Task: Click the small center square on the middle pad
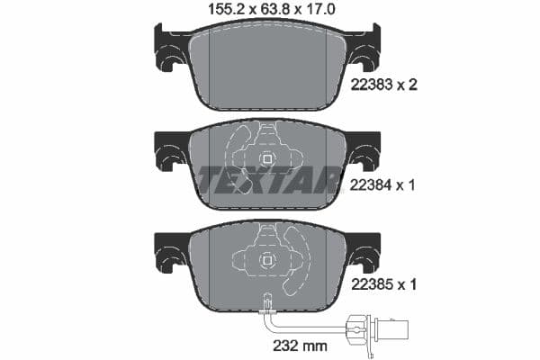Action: pyautogui.click(x=266, y=159)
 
